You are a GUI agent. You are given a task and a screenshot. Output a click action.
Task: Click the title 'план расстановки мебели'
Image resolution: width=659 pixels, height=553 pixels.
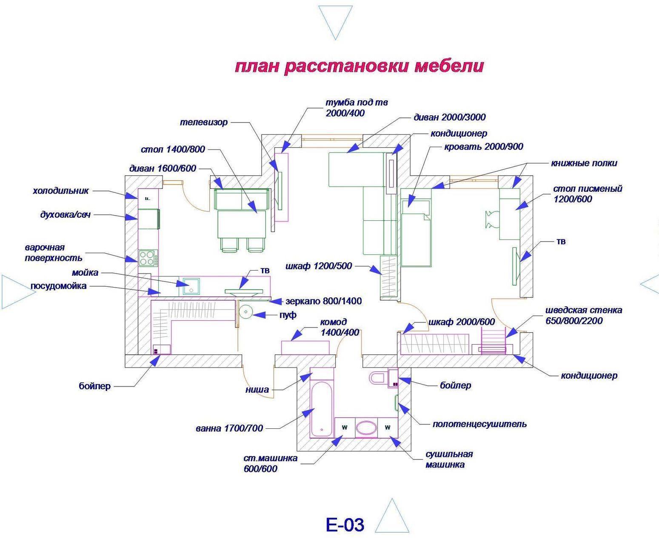click(359, 67)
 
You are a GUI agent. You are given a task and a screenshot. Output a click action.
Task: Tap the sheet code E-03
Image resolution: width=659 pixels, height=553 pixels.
click(345, 524)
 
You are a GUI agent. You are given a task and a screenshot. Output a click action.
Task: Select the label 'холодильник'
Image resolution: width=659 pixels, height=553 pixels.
click(60, 191)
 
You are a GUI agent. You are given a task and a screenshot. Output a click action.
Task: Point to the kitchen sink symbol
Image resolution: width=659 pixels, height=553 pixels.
click(191, 286)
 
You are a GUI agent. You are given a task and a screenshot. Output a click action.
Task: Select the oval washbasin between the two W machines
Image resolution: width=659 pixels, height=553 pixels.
click(366, 428)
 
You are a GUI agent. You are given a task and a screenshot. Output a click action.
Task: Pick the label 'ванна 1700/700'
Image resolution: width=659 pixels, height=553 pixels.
click(229, 428)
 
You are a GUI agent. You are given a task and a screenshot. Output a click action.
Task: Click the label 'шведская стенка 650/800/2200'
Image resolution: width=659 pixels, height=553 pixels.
click(584, 315)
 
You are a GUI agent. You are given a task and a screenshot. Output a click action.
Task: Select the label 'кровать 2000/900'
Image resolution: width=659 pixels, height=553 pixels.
click(484, 147)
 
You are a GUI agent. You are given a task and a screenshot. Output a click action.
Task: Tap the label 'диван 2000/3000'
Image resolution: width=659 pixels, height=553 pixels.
click(449, 117)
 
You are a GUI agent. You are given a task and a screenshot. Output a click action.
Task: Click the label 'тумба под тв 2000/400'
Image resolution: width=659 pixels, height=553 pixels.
click(357, 108)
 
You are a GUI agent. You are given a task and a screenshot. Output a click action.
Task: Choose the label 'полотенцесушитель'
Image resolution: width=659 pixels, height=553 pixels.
click(479, 424)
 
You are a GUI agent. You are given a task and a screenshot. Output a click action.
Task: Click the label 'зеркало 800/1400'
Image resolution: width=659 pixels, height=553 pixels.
click(323, 301)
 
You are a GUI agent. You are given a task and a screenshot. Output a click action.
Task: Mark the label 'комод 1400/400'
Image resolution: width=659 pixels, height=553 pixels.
click(339, 327)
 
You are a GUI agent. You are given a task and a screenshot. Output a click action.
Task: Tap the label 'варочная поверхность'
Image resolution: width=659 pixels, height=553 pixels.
click(53, 253)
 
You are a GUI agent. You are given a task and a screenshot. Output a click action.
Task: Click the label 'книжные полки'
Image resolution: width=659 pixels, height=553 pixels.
click(584, 163)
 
